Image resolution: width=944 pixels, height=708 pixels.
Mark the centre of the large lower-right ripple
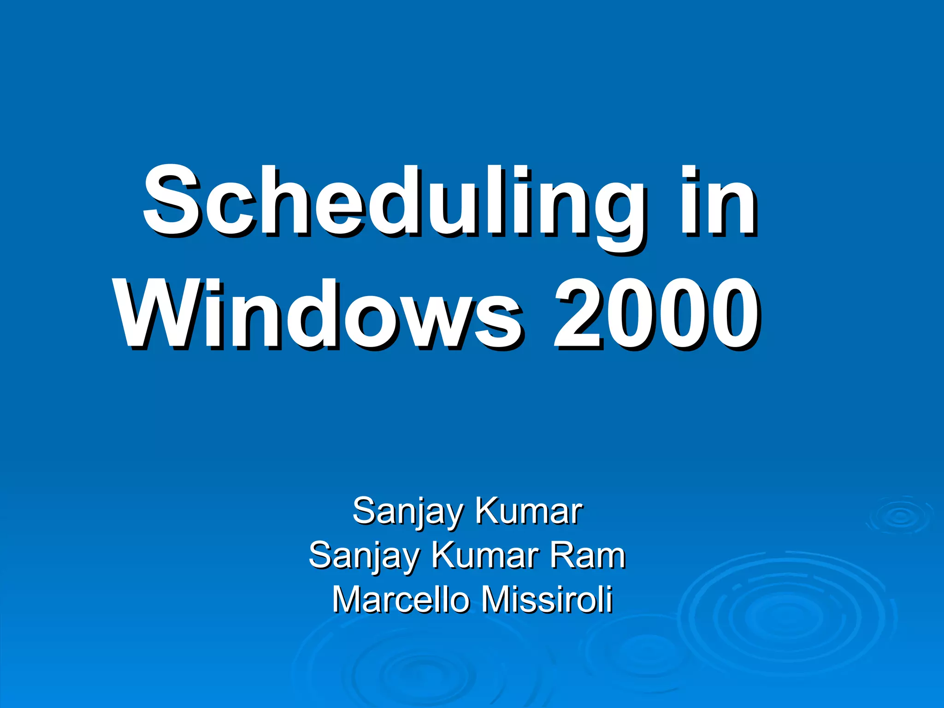tap(786, 615)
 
